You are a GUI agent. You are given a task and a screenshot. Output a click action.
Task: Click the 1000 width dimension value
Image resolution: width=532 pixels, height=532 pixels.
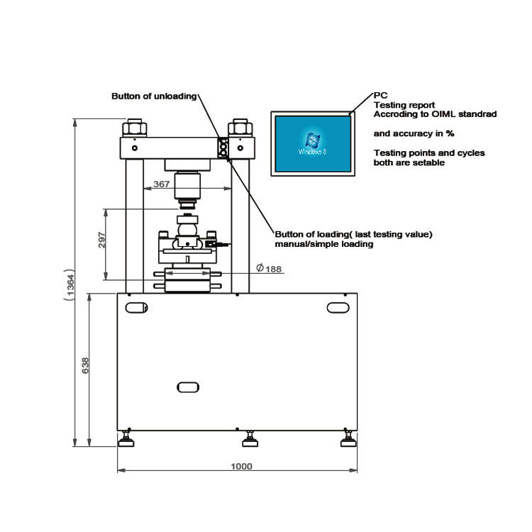[241, 466]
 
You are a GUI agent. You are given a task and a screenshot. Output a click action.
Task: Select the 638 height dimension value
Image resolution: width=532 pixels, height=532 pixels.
[86, 365]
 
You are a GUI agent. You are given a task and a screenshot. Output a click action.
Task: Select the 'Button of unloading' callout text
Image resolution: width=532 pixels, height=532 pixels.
[153, 96]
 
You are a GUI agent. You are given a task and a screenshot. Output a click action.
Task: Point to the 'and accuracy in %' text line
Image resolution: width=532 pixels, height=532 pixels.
[414, 133]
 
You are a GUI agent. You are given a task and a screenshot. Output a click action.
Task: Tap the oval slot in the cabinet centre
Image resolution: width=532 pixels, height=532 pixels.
[187, 387]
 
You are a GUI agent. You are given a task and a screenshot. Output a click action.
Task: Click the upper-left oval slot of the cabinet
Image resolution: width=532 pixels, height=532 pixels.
[135, 306]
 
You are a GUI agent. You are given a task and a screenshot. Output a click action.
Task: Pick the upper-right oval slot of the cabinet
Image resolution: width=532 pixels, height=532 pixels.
[338, 306]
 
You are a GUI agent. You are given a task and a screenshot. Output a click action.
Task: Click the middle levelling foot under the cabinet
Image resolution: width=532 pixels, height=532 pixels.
[249, 440]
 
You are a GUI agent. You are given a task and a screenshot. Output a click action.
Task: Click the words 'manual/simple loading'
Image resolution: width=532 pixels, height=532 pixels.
[324, 244]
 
